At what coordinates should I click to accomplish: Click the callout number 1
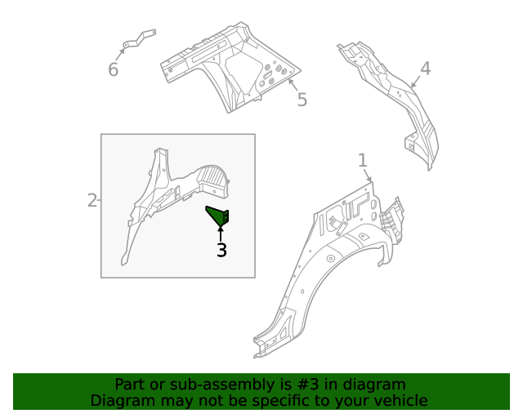point(363,160)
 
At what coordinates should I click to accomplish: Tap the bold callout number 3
point(221,251)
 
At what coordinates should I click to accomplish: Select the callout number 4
point(425,68)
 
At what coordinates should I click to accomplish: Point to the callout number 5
point(302,100)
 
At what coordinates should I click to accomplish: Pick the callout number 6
point(113,70)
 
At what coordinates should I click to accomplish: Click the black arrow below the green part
point(221,234)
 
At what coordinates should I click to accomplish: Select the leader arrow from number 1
point(368,175)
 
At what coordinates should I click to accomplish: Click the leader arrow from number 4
point(415,81)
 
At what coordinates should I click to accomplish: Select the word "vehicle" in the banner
point(400,401)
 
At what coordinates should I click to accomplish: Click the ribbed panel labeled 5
point(233,69)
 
